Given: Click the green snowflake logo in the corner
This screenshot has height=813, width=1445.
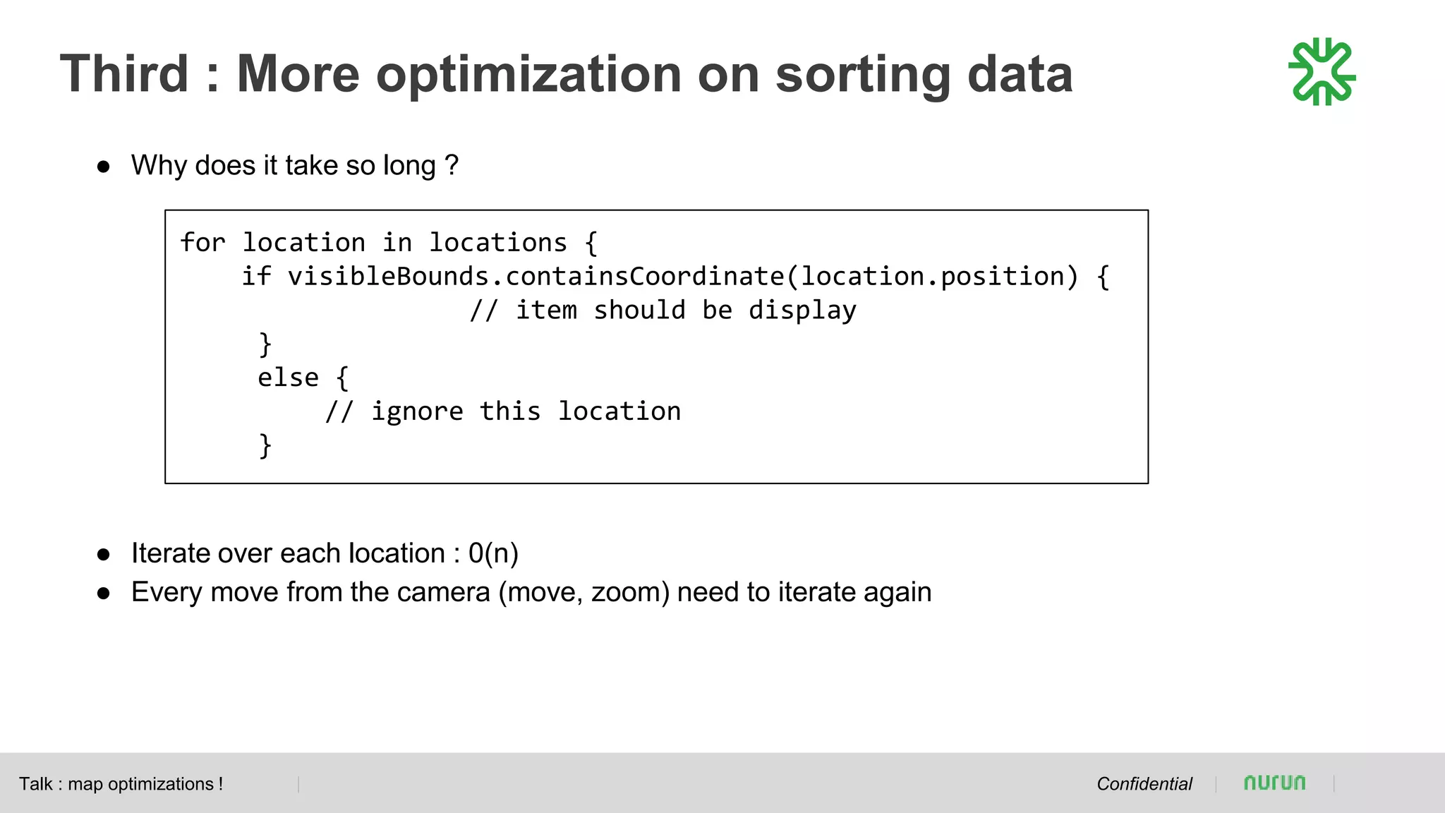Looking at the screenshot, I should pos(1322,72).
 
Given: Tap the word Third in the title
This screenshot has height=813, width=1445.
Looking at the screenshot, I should pos(125,73).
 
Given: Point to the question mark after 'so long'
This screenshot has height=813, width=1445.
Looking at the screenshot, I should pos(452,166).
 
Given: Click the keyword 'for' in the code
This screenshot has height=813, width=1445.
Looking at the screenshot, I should pos(202,243).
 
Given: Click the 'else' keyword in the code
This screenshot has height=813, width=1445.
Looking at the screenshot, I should pos(288,378).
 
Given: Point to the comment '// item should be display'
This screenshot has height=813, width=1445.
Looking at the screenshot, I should pos(663,311).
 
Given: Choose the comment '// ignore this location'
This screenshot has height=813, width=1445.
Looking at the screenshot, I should pos(503,411).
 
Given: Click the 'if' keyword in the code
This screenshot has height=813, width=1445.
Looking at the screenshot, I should pos(256,277).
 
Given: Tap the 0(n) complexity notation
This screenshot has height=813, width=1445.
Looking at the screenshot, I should pos(493,553).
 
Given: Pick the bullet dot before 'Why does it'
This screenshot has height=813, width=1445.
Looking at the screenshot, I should pos(104,167).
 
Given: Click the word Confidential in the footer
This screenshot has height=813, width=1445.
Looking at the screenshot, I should pos(1144,784).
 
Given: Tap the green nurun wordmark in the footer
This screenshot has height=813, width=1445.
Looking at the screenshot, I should pos(1274,783).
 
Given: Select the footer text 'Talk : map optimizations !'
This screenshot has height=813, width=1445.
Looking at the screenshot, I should pos(121,784).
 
